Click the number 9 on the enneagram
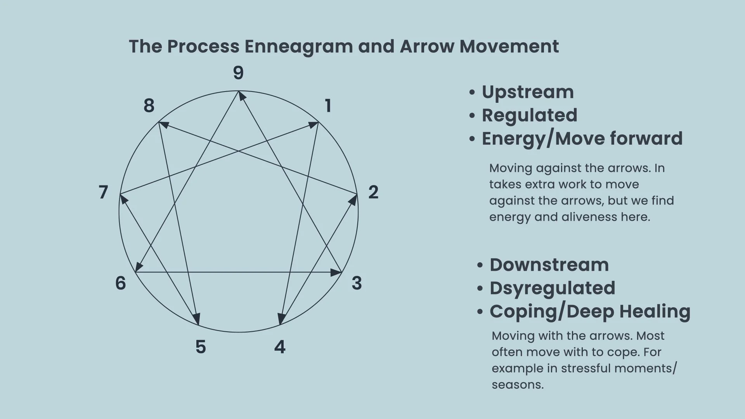(238, 73)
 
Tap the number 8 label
(149, 106)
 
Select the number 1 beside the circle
(328, 106)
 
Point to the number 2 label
(373, 192)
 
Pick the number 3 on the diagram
(357, 283)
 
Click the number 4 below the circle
(280, 347)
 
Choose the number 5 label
(201, 347)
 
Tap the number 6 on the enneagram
(121, 283)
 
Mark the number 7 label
(103, 192)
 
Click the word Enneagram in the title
(298, 47)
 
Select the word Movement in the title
(509, 47)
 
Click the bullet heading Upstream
(528, 92)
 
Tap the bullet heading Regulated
(529, 115)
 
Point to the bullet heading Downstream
(549, 265)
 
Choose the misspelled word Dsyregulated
(552, 288)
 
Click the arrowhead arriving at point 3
(336, 272)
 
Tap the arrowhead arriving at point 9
(241, 95)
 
